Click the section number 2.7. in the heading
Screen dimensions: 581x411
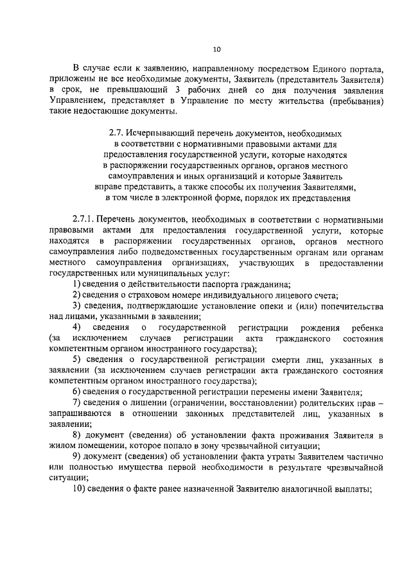coord(116,132)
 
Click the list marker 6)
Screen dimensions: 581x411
coord(76,392)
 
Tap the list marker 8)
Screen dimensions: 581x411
coord(76,435)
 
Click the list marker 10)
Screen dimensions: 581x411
coord(79,490)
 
